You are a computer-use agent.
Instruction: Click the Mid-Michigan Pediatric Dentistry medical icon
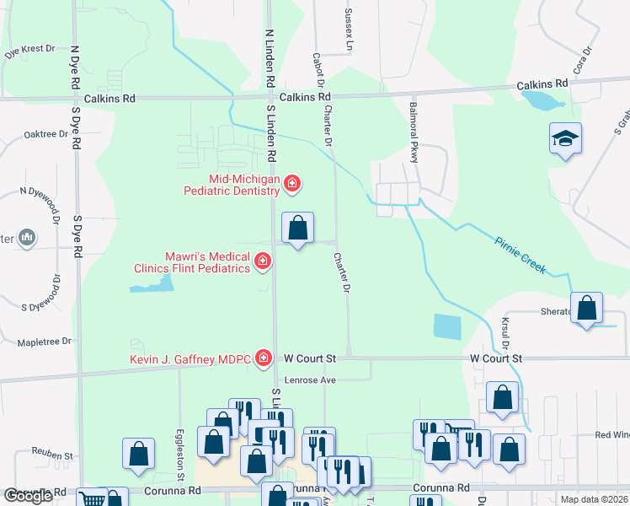(x=292, y=183)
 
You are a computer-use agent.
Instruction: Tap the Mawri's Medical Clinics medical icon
(x=263, y=261)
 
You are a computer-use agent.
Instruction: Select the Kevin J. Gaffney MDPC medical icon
(x=264, y=359)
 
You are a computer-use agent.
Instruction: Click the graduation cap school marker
(x=565, y=139)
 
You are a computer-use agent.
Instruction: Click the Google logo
(x=28, y=496)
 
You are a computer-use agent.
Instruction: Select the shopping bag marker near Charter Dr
(x=297, y=228)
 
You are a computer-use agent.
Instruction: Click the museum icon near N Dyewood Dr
(x=28, y=239)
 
